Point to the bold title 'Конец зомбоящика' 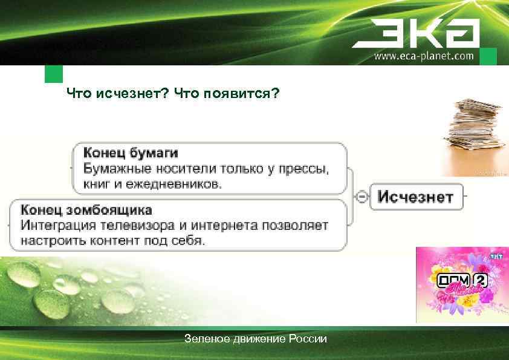click(x=86, y=210)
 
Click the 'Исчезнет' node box click(x=415, y=197)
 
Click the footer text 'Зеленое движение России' click(x=256, y=339)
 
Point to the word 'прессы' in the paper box click(x=307, y=168)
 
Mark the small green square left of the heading click(x=53, y=74)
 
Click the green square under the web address click(x=488, y=57)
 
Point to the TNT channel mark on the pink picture click(x=496, y=256)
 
